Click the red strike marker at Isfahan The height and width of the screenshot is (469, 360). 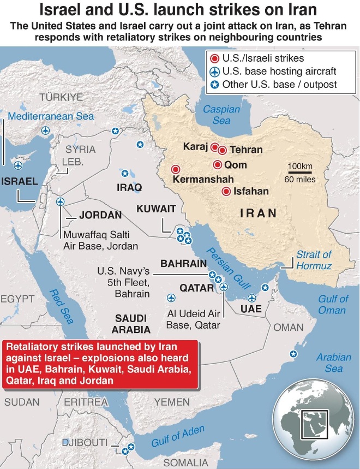[x=226, y=191]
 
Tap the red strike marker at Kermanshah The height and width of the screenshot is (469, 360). [x=176, y=169]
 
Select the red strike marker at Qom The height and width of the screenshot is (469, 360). [x=218, y=165]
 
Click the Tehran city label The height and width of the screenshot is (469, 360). [x=246, y=150]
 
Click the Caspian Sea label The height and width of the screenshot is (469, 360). [x=221, y=115]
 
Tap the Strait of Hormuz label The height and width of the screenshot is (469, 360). [x=314, y=260]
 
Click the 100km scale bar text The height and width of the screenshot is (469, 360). [x=300, y=166]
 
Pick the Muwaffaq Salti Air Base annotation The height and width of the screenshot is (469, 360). [x=97, y=240]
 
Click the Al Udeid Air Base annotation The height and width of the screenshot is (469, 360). [x=194, y=320]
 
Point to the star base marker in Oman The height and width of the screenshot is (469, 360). [x=293, y=354]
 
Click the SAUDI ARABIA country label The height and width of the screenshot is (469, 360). [x=131, y=324]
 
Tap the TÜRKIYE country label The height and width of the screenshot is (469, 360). [x=61, y=97]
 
